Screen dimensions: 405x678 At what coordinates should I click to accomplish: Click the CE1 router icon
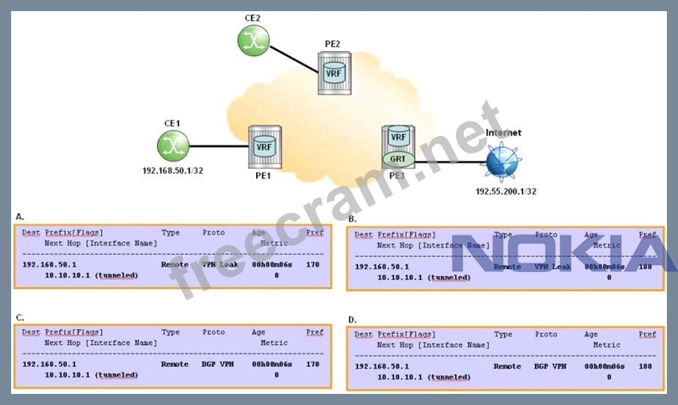point(172,144)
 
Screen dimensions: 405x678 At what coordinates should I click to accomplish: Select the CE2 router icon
point(254,40)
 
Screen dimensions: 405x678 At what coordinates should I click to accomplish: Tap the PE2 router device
point(334,73)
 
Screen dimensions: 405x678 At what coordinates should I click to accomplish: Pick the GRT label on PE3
point(398,158)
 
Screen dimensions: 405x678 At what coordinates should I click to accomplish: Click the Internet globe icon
point(503,162)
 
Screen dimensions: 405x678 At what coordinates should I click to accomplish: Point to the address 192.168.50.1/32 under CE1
point(172,170)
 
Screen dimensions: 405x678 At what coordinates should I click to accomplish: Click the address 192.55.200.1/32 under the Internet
point(506,191)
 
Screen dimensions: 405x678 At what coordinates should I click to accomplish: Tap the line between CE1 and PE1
point(218,146)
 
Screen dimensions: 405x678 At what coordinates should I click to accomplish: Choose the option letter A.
point(20,216)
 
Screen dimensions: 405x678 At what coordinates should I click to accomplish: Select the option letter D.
point(352,320)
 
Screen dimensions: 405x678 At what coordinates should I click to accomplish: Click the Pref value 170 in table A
point(312,264)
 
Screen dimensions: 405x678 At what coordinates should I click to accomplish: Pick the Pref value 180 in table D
point(646,366)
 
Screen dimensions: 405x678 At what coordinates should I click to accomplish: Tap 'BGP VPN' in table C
point(218,364)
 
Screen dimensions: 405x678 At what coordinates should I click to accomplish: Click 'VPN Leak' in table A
point(219,264)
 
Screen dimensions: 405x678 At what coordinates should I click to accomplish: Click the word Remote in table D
point(507,366)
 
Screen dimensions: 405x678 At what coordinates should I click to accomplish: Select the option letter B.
point(352,218)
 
